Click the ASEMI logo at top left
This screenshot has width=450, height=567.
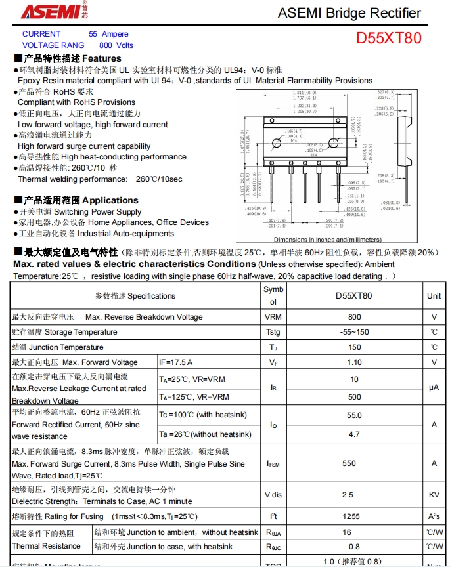[x=47, y=12]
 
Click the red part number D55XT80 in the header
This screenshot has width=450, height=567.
[x=389, y=38]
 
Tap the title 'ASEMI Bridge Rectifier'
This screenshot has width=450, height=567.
[x=349, y=13]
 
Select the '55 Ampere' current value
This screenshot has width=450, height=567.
[x=108, y=34]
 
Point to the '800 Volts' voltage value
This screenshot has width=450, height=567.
[x=116, y=45]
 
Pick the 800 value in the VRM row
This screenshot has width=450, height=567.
[x=354, y=317]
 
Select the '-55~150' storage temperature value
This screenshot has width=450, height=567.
[x=354, y=332]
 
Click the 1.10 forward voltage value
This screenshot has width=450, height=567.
[x=354, y=362]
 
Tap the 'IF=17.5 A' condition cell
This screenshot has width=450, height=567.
[x=176, y=362]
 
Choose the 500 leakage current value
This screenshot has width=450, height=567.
[x=354, y=397]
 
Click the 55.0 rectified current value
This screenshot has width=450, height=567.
[x=354, y=415]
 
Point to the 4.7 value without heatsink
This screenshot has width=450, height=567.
[x=354, y=434]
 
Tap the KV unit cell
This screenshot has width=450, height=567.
[x=434, y=495]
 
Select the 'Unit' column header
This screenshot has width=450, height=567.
[x=434, y=296]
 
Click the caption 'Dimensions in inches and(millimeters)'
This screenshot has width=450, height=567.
[x=327, y=240]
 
